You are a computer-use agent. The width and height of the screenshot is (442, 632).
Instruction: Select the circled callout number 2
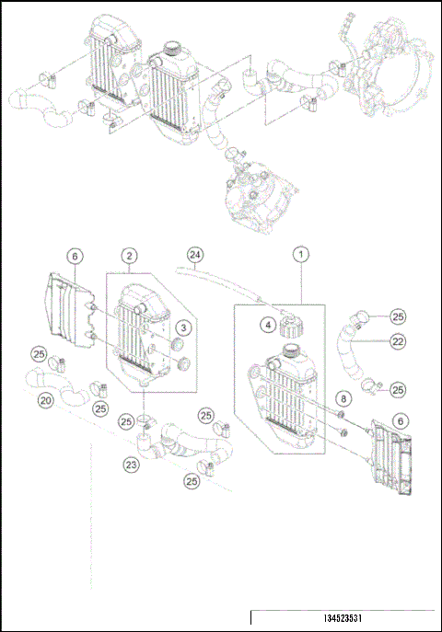pos(131,254)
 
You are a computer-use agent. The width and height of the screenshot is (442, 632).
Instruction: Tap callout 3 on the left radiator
pos(184,327)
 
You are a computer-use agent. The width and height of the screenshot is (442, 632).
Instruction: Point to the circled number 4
pos(264,324)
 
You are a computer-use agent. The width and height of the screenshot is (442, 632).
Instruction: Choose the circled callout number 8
pos(343,398)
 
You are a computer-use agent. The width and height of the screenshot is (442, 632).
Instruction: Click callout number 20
pos(43,400)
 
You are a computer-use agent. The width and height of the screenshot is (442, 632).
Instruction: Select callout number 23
pos(133,465)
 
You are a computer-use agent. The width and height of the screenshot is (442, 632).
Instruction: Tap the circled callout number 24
pos(194,254)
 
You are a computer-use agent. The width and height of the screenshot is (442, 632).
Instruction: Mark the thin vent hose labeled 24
pos(230,280)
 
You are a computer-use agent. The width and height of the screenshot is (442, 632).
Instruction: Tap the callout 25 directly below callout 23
pos(192,480)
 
